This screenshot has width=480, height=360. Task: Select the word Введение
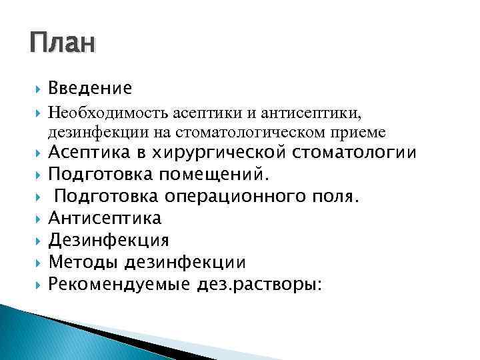[90, 88]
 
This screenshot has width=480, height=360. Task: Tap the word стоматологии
[355, 154]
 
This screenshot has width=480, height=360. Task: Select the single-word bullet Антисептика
[105, 219]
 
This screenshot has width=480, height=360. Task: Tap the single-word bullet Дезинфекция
[109, 240]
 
